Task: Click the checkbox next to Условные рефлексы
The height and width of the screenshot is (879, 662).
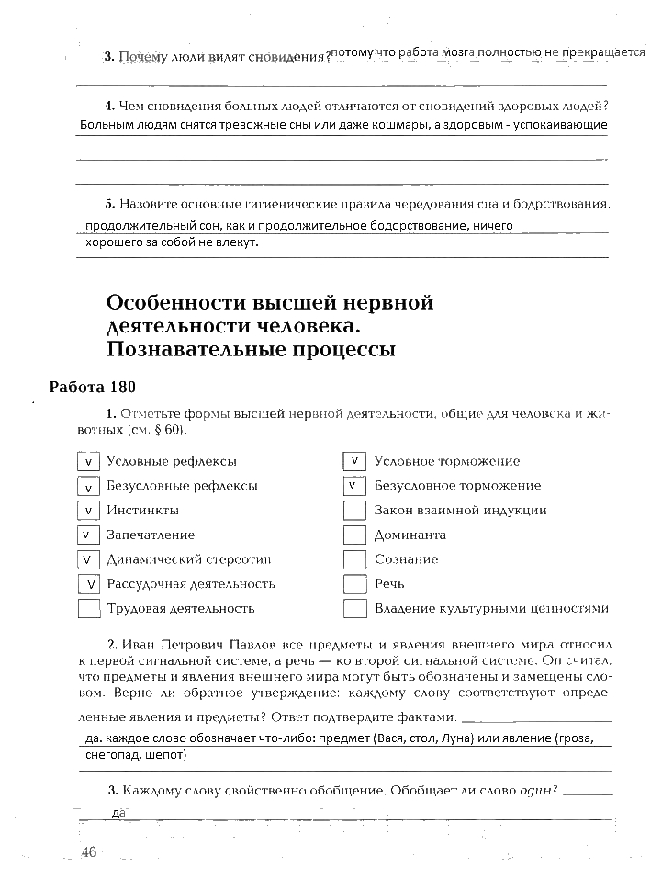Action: (88, 462)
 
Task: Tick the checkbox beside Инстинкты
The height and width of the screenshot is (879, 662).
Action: (88, 511)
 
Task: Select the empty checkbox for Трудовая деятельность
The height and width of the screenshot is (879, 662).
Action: (88, 608)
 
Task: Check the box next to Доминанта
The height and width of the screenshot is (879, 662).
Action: (354, 535)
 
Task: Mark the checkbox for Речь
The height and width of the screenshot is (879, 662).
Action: (354, 584)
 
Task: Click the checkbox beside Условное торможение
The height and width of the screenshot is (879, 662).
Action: (354, 461)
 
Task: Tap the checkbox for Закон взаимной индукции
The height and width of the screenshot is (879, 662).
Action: (354, 511)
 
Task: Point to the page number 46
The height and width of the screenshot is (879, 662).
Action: (88, 852)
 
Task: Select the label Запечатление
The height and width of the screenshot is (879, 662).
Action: (151, 535)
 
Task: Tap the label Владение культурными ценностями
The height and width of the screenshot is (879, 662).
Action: (491, 608)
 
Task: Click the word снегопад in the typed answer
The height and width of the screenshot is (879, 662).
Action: (114, 755)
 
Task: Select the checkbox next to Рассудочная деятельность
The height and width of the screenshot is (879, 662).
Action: (88, 584)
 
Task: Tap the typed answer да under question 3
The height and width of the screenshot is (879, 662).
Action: (118, 813)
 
